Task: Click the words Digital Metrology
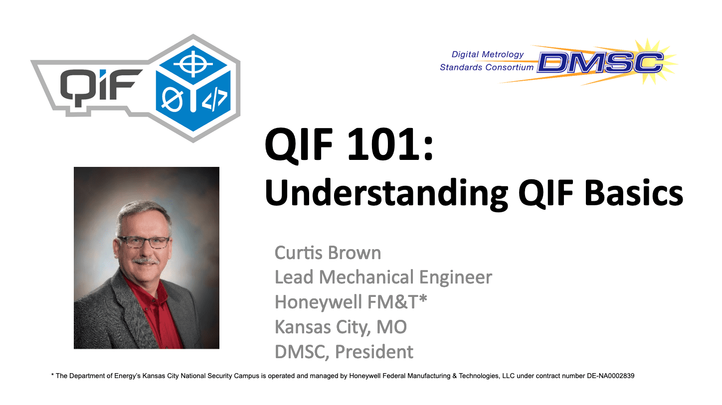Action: (x=487, y=54)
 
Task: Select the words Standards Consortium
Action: (x=486, y=67)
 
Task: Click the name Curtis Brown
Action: (x=328, y=253)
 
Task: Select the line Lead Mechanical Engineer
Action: (x=383, y=277)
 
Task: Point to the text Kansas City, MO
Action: (x=341, y=327)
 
